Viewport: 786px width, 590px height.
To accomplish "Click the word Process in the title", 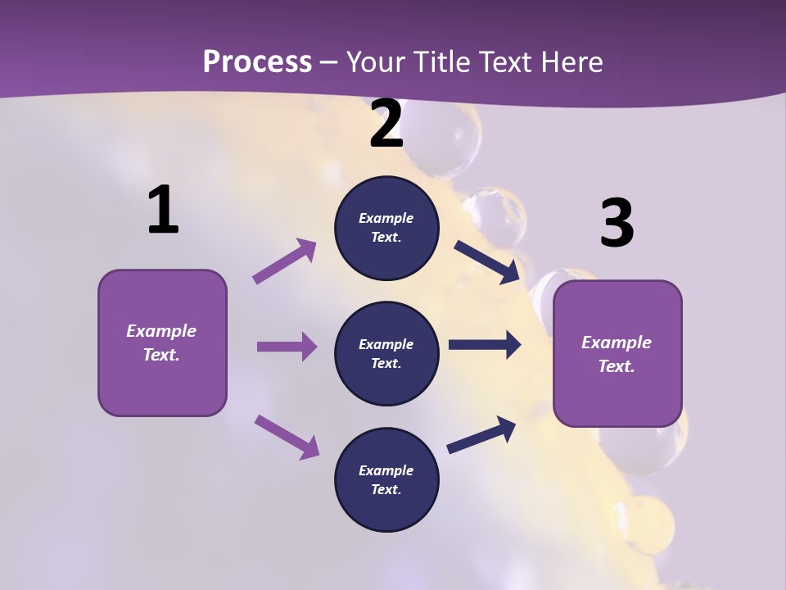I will tap(257, 61).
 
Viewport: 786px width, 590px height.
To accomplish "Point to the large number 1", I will tap(162, 211).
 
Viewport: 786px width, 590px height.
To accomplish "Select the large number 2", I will tap(386, 125).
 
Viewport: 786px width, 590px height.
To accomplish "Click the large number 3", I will tap(617, 223).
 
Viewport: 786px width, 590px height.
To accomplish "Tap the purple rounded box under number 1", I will tap(162, 343).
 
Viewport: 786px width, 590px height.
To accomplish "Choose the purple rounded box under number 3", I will tap(617, 353).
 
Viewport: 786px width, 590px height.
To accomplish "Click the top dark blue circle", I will tap(386, 228).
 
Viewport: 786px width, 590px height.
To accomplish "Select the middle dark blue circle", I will tap(386, 354).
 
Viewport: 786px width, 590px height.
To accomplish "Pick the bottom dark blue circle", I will tap(386, 479).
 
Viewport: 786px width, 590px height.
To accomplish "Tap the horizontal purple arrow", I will tap(287, 347).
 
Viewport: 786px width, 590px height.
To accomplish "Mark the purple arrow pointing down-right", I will tap(287, 436).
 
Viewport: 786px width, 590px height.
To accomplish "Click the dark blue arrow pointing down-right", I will tap(486, 261).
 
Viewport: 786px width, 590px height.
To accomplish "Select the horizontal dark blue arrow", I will tap(485, 345).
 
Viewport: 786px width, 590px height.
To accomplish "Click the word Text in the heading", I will tap(503, 61).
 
